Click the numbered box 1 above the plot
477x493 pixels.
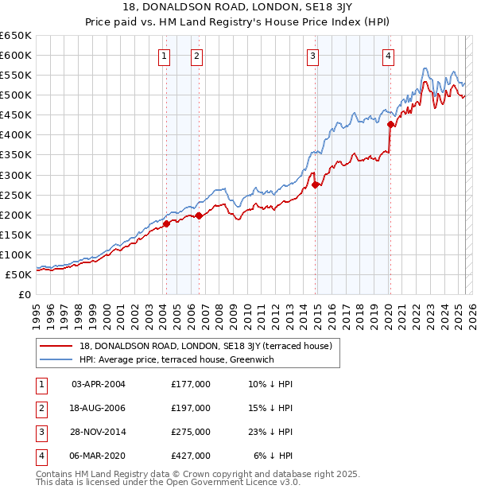click(163, 56)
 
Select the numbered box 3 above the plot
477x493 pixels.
click(313, 56)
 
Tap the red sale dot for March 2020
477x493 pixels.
click(390, 124)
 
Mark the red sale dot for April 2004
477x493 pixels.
click(167, 223)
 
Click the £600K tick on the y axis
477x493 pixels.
click(16, 55)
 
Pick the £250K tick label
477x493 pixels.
click(16, 195)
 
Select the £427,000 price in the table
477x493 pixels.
click(191, 456)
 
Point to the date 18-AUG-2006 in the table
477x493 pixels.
click(99, 408)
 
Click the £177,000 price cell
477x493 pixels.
click(191, 384)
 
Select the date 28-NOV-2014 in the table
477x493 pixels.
click(99, 432)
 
